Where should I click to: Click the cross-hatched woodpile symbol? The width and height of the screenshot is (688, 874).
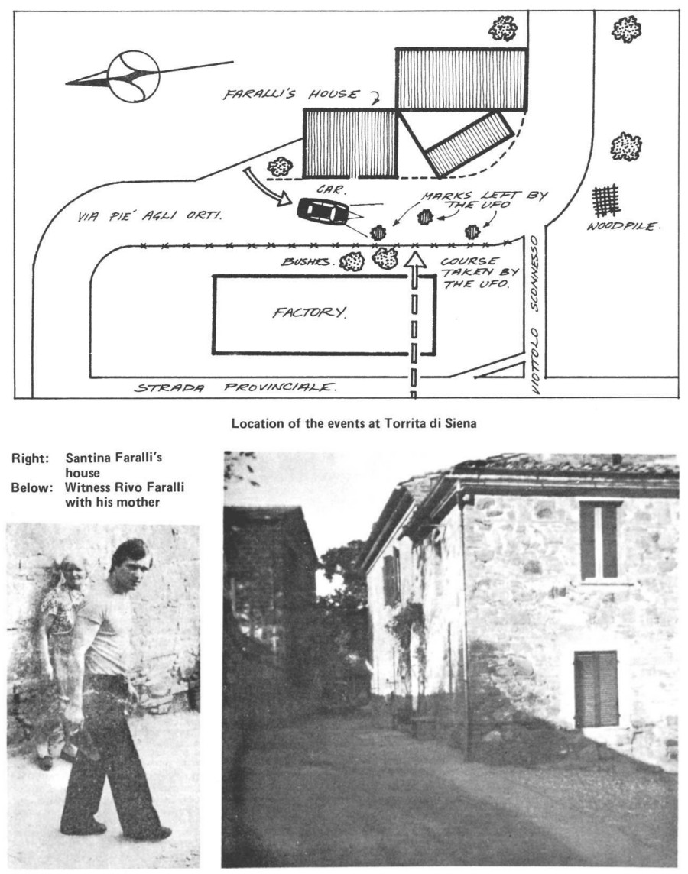click(608, 200)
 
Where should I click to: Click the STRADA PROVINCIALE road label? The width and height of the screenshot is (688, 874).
click(235, 387)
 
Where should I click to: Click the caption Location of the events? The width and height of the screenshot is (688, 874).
click(354, 423)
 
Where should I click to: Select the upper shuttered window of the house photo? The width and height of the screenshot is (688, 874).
click(598, 539)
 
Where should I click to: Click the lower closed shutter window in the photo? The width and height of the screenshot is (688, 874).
click(596, 688)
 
